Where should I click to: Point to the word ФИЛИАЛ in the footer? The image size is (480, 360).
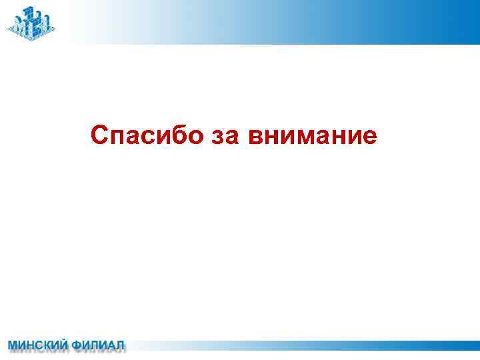click(98, 345)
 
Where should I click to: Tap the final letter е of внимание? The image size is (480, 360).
click(369, 137)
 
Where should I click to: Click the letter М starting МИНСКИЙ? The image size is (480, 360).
click(13, 345)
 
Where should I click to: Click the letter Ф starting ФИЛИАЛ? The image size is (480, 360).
click(77, 345)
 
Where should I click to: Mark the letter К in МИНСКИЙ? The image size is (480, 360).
click(47, 345)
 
